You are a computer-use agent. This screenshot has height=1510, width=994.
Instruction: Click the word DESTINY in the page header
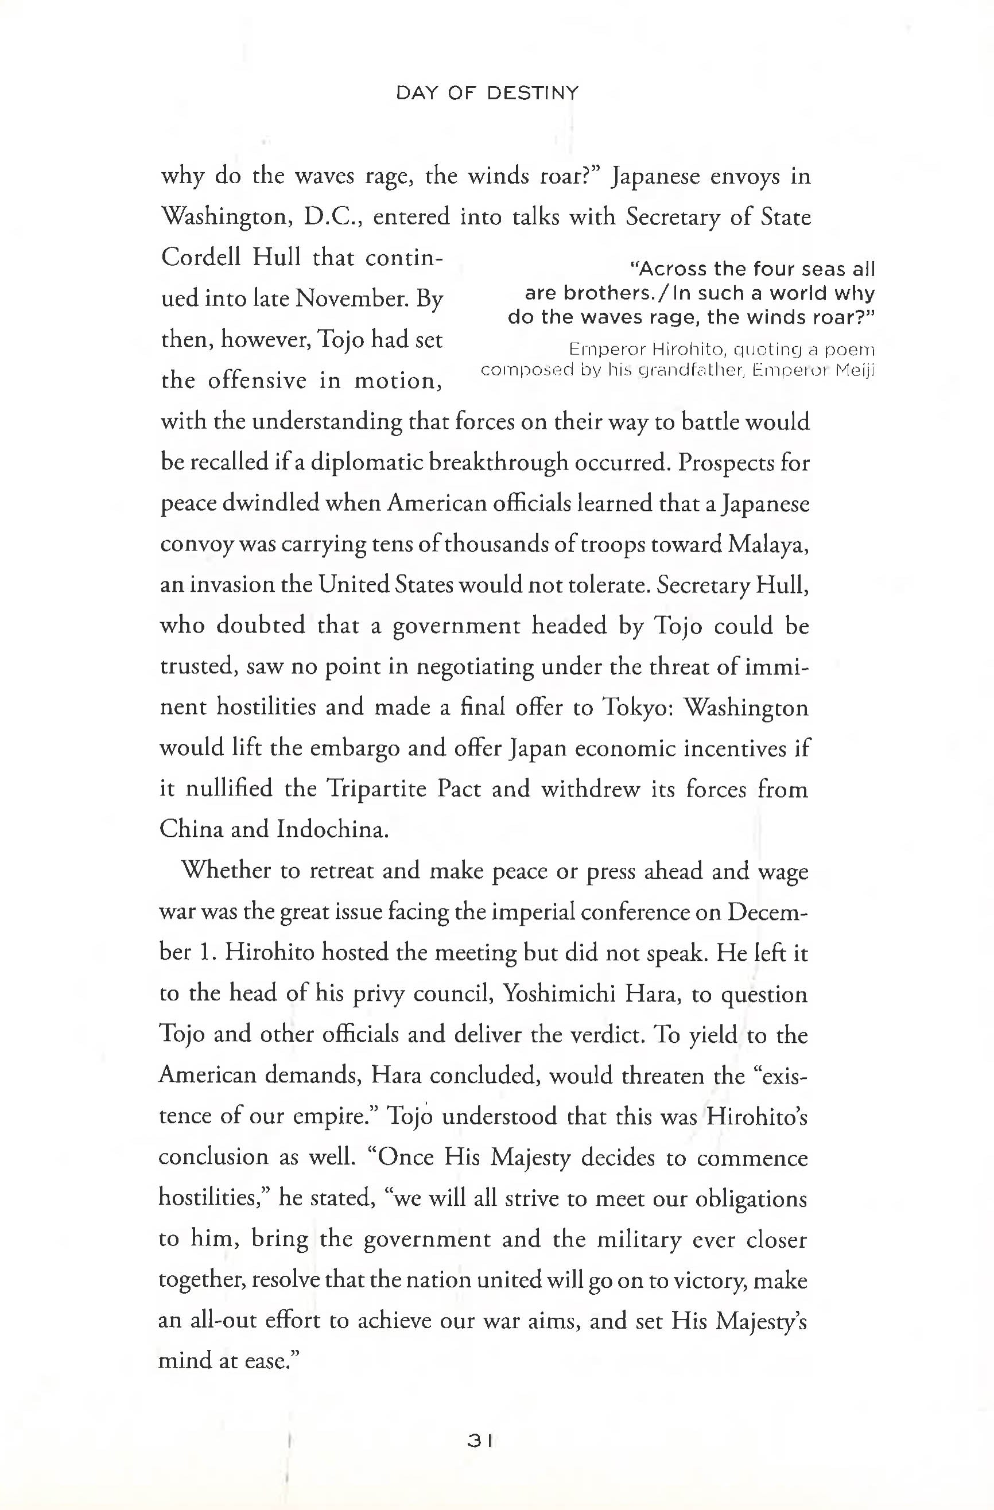[532, 94]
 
